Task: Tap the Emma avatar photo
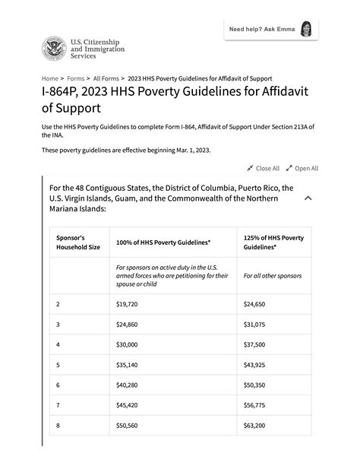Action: [306, 30]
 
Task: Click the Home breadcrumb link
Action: [49, 78]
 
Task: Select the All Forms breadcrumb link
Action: [106, 78]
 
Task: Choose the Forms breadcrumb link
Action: [75, 78]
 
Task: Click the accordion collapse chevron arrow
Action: [308, 198]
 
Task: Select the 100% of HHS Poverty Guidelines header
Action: [163, 242]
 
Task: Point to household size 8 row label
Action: [58, 425]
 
